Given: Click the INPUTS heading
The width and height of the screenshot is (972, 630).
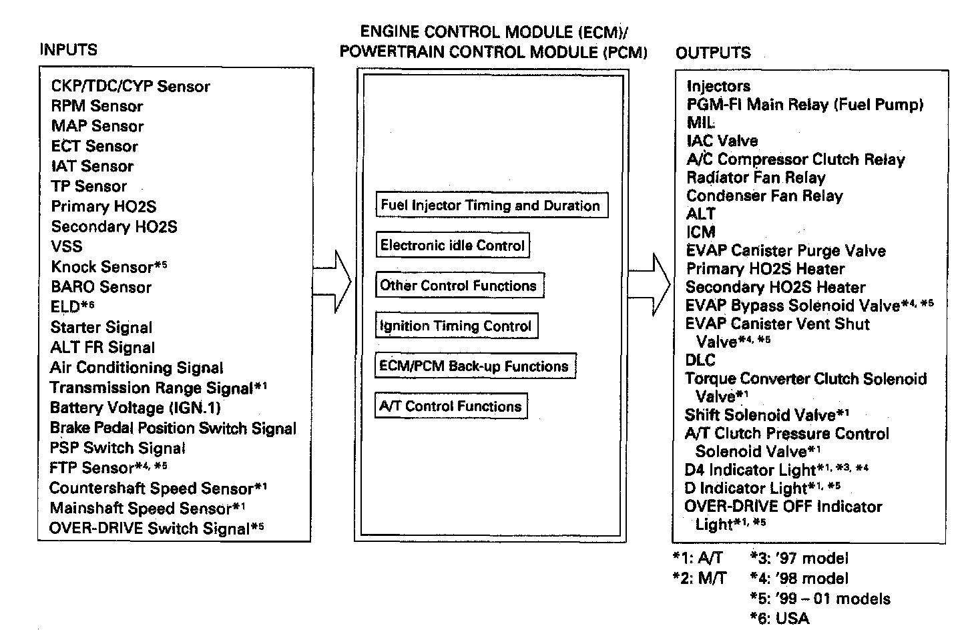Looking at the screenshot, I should click(x=68, y=50).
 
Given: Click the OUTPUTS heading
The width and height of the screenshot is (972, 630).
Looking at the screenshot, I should click(x=713, y=53).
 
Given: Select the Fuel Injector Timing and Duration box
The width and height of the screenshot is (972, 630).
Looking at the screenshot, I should click(x=491, y=206).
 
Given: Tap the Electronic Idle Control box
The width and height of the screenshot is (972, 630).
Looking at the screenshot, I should click(x=453, y=246).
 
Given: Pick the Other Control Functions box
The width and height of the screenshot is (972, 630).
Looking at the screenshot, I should click(x=459, y=286).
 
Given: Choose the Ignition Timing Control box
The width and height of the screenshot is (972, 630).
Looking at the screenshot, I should click(x=456, y=326).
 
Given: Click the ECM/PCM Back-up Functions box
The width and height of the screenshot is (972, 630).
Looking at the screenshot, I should click(x=474, y=366).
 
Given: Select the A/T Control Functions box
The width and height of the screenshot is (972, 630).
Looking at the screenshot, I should click(x=451, y=406).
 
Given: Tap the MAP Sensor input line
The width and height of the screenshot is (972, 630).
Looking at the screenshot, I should click(x=97, y=126).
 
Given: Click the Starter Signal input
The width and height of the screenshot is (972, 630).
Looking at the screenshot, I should click(x=101, y=328).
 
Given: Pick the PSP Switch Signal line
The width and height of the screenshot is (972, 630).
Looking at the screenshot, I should click(x=117, y=448).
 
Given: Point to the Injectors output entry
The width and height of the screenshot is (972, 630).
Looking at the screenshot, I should click(x=718, y=86).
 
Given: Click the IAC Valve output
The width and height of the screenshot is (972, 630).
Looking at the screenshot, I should click(x=722, y=141).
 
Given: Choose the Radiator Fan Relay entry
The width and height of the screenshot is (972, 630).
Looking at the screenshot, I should click(x=756, y=178).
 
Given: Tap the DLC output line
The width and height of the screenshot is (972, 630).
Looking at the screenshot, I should click(x=700, y=360).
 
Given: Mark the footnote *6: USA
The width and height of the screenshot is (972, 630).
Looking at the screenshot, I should click(x=780, y=619).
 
